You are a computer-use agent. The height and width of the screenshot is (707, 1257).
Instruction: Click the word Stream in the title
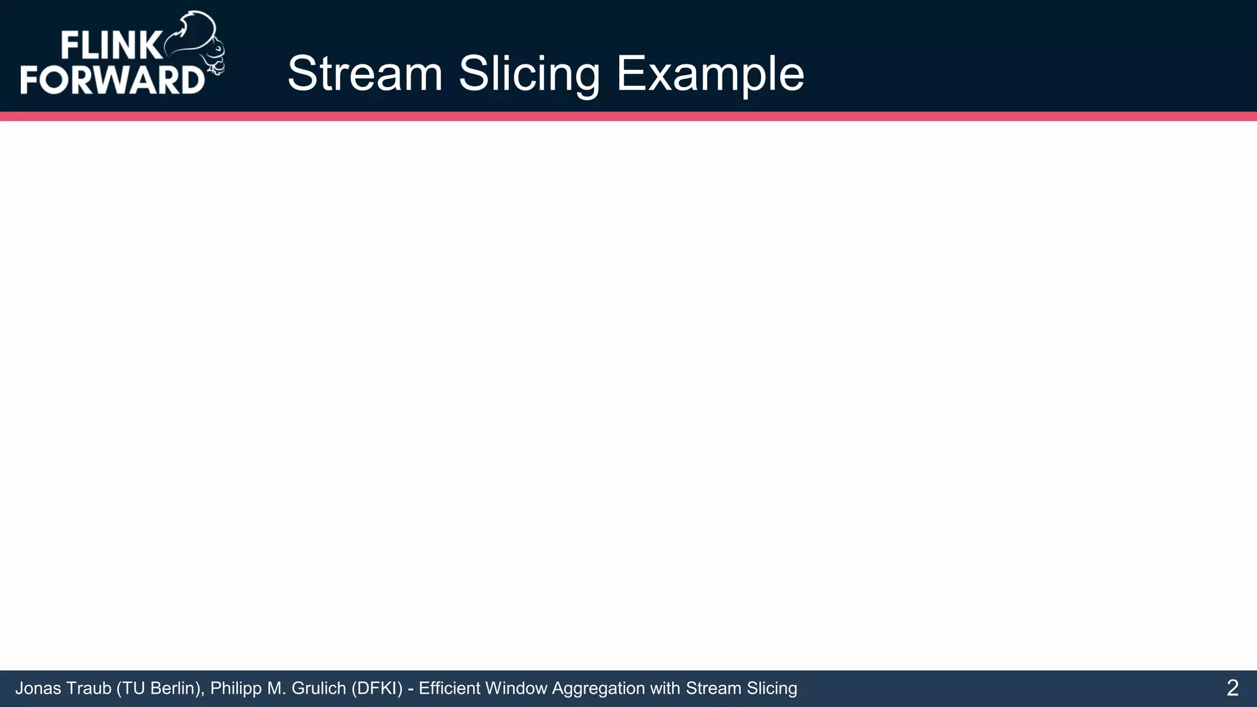pos(365,74)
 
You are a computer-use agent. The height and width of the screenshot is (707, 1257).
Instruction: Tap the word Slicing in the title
pos(529,74)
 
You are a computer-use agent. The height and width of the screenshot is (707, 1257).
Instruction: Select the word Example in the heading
pos(710,74)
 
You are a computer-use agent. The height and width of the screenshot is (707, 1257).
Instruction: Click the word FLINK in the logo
pos(110,46)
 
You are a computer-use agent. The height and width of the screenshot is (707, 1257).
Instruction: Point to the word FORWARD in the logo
pos(112,80)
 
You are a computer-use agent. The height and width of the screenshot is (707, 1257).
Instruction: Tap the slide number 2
pos(1232,688)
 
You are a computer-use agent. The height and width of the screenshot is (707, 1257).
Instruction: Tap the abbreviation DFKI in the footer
pos(377,689)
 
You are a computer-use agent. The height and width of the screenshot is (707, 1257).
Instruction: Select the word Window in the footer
pos(516,689)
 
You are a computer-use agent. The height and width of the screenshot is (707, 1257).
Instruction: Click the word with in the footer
pos(665,689)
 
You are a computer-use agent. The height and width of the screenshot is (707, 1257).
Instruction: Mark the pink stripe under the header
pos(628,116)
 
